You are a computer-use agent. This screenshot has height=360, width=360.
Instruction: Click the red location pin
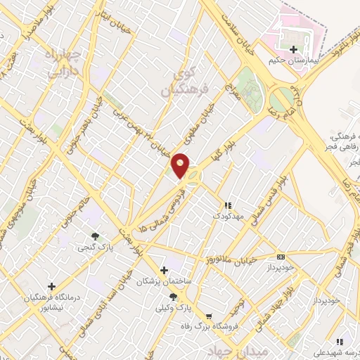tap(181, 165)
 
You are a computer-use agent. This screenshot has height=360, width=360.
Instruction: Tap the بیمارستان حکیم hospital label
tap(292, 61)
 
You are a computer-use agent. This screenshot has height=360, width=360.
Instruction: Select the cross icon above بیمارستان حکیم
tap(293, 49)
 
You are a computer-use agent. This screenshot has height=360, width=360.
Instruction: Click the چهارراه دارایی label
tap(63, 63)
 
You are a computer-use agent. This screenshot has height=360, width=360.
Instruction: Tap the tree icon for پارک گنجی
tap(94, 236)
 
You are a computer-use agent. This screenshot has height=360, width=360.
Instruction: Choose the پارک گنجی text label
tap(94, 247)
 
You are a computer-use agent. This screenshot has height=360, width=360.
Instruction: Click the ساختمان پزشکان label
tap(164, 281)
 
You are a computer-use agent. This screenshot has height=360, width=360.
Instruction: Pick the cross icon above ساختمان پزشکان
tap(164, 270)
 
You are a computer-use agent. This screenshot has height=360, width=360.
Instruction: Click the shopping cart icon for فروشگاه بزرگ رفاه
tap(207, 316)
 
